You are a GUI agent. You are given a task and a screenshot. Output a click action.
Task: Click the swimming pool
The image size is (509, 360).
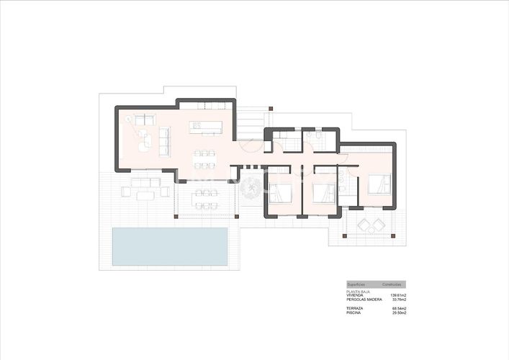(x=170, y=246)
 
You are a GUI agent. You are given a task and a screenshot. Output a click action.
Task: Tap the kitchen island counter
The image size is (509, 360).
(x=206, y=127)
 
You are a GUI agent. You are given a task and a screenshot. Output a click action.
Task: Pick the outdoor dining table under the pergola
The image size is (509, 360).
(x=207, y=195)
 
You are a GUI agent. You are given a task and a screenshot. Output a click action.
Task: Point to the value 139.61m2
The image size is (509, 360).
(x=397, y=295)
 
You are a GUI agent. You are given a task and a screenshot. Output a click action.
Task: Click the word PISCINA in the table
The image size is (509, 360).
(x=354, y=312)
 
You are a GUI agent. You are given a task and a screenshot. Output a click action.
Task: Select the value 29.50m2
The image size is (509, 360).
(x=398, y=312)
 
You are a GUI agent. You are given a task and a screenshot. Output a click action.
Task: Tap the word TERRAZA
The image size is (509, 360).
(x=355, y=308)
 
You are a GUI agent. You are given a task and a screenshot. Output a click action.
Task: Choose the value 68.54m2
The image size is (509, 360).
(x=398, y=308)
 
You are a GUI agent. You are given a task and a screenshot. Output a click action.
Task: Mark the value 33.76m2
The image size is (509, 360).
(x=398, y=300)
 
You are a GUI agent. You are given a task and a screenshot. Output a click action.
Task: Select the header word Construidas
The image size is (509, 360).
(x=391, y=284)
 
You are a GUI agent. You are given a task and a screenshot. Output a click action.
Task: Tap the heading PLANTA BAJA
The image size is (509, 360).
(x=358, y=292)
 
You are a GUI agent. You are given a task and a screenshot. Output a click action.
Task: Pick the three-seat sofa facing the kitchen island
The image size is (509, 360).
(x=164, y=140)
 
